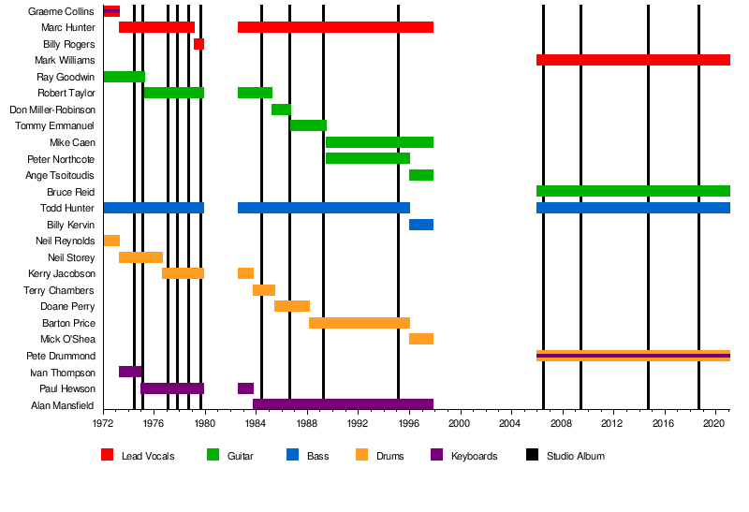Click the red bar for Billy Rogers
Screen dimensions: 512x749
(198, 44)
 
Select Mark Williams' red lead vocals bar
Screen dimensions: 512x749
(633, 60)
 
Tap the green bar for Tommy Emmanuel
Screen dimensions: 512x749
(308, 125)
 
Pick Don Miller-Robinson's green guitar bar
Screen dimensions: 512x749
(281, 110)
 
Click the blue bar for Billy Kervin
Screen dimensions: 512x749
(421, 225)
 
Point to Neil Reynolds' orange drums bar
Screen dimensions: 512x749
(111, 241)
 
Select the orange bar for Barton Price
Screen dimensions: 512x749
(360, 323)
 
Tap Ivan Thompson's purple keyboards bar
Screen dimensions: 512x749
(130, 372)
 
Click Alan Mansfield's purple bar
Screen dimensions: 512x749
(343, 404)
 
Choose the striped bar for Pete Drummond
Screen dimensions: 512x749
(633, 356)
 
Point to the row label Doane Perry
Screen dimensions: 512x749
(67, 306)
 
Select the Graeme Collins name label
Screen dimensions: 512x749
(62, 11)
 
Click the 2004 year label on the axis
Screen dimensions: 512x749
(511, 423)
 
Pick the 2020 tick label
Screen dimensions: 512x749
(715, 423)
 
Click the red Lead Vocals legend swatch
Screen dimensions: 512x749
(107, 456)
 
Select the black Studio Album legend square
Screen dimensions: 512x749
(532, 456)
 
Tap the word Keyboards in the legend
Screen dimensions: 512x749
(474, 456)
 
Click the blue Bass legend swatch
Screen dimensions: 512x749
(292, 456)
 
